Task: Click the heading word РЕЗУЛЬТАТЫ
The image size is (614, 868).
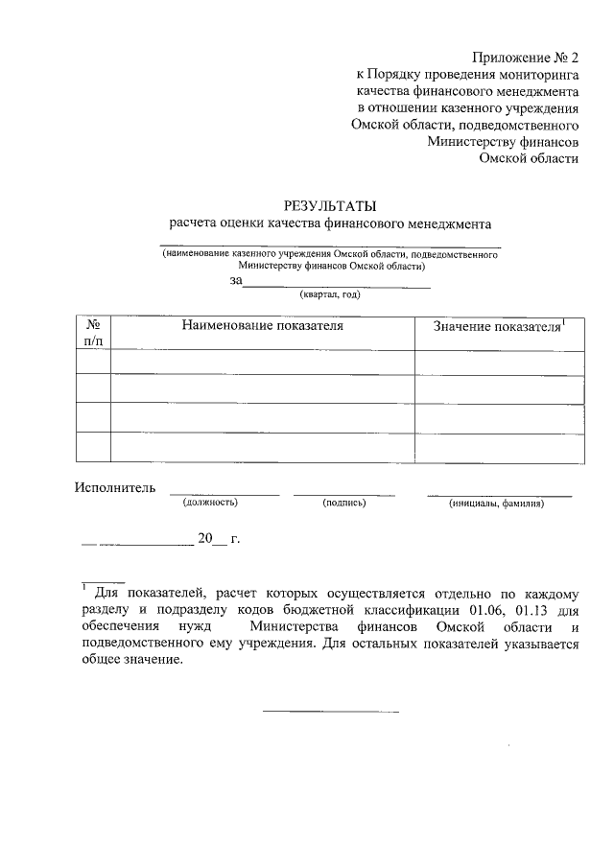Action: point(329,205)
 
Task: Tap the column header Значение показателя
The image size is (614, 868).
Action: point(497,328)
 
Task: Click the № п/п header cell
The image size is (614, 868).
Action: point(93,333)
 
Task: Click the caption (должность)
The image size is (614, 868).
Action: point(204,502)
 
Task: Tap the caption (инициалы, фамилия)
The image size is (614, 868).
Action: point(496,502)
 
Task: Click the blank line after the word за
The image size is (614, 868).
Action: point(337,285)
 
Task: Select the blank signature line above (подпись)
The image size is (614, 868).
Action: point(343,494)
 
